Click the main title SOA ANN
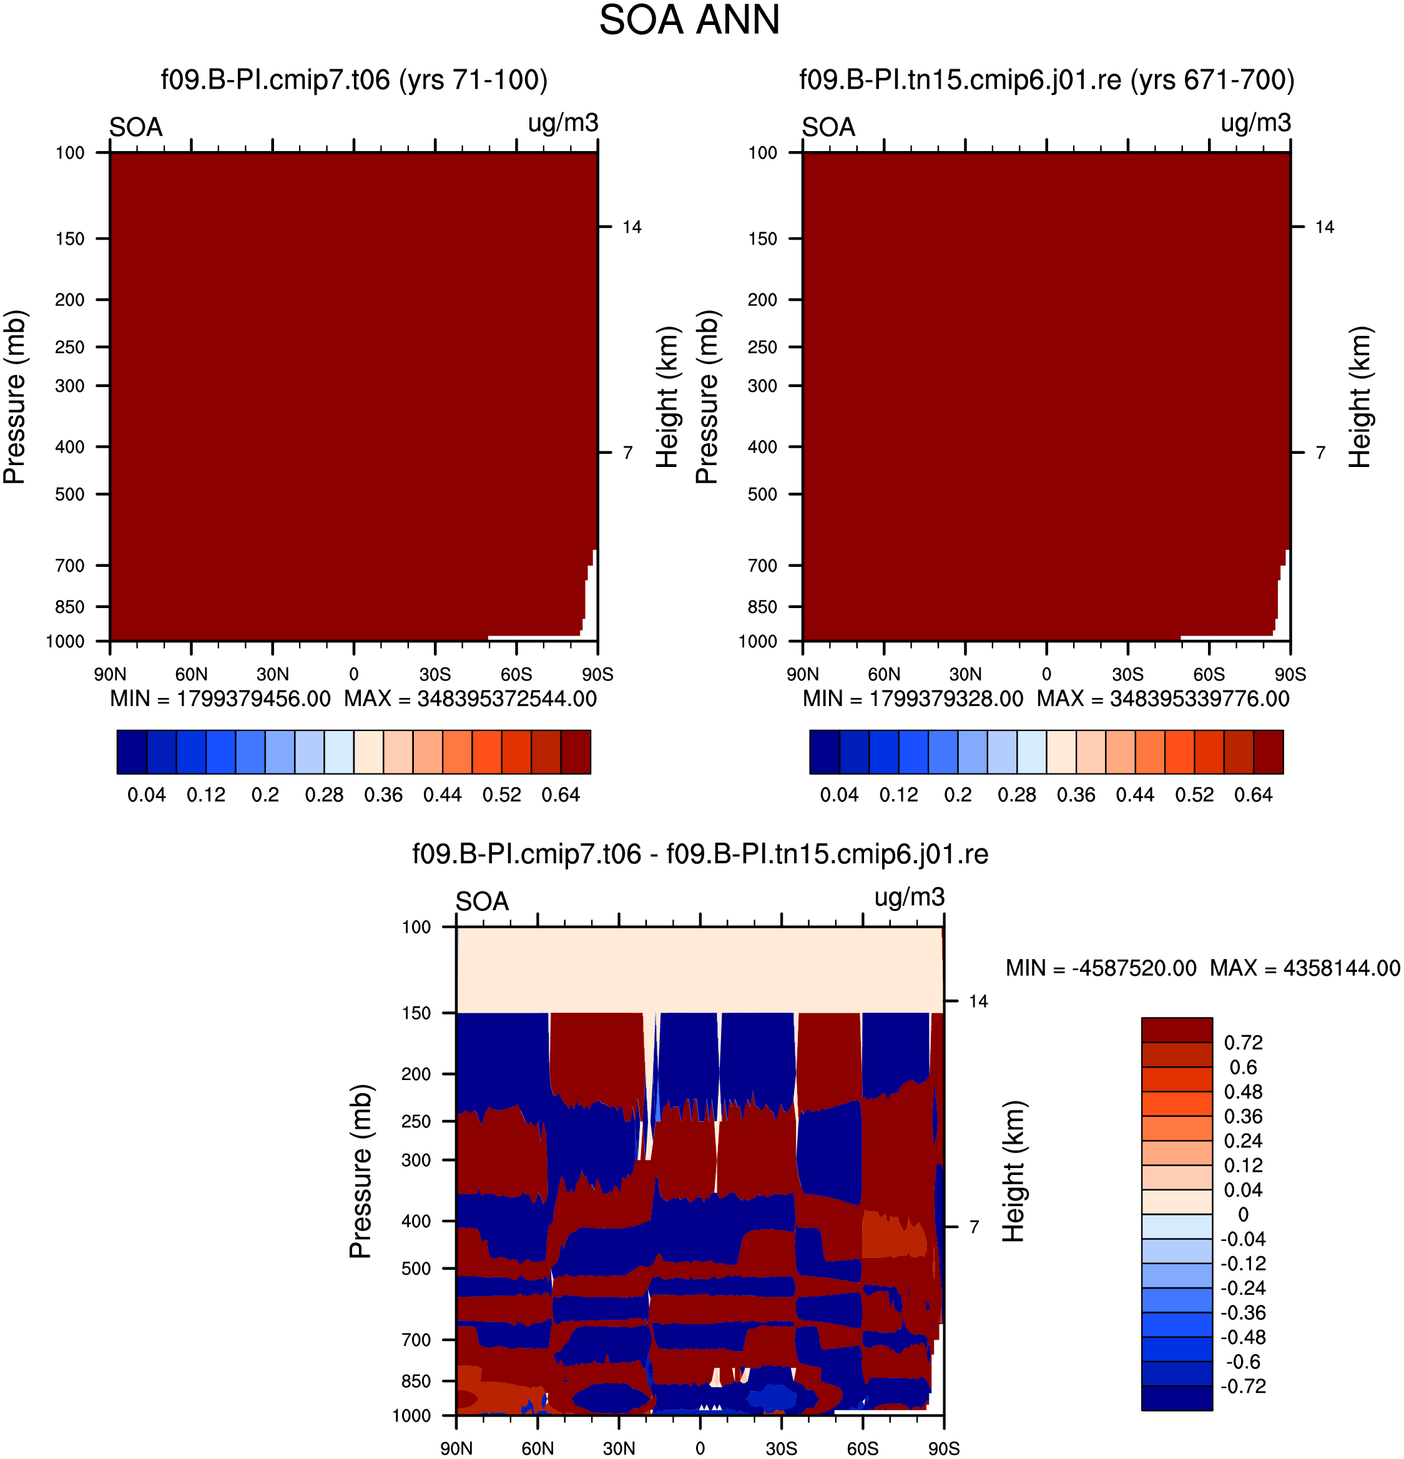point(689,20)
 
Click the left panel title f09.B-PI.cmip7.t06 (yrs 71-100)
point(355,80)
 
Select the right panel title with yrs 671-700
point(1047,80)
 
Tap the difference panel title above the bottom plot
point(700,854)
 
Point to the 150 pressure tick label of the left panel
point(70,239)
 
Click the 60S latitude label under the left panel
point(516,674)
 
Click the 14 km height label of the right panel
point(1324,227)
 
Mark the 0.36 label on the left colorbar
point(383,795)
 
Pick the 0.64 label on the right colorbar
point(1254,795)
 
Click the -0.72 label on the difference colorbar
point(1243,1386)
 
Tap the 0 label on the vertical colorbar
point(1243,1215)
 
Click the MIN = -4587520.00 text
point(1101,968)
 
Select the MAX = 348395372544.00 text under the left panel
point(471,699)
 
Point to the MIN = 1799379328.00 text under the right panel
point(913,699)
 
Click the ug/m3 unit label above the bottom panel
point(910,898)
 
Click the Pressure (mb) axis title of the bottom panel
point(360,1171)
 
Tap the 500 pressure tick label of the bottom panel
point(416,1269)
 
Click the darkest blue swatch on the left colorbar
point(132,752)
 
